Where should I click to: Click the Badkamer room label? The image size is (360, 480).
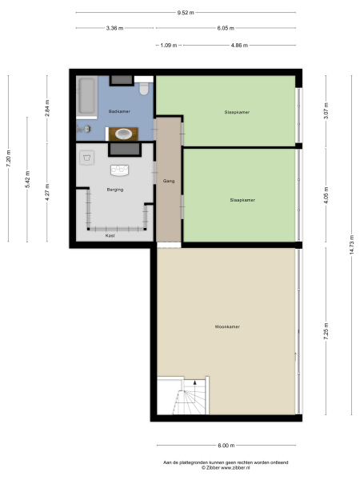pos(119,111)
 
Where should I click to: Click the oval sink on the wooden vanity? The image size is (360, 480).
pos(123,134)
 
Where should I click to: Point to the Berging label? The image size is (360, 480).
pos(114,190)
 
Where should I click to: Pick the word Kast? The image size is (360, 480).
pos(110,235)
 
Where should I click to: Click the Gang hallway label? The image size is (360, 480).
pos(169,182)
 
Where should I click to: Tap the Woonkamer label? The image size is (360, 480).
pos(227,326)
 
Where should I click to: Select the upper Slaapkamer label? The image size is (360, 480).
pos(237,112)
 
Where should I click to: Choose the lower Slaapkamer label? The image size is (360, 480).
pos(242,200)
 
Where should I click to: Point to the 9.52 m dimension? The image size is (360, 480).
pos(186,13)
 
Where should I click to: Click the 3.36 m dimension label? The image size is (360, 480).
pos(114,28)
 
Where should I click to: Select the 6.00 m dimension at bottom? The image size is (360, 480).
pos(226,445)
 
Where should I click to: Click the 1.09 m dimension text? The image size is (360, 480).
pos(168,45)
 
